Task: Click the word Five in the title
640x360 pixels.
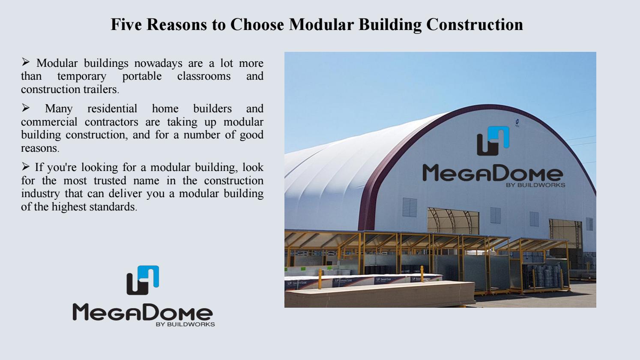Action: [126, 24]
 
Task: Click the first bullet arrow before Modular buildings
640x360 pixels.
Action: [26, 63]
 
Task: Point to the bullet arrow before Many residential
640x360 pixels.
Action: [26, 108]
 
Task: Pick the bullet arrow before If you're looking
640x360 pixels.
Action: [26, 166]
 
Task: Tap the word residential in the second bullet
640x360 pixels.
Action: [112, 109]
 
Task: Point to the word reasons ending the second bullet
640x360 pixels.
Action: [39, 148]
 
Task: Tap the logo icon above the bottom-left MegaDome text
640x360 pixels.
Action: [143, 280]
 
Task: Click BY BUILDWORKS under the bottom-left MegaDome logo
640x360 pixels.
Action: [185, 324]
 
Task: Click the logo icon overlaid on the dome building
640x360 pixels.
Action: [493, 141]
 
